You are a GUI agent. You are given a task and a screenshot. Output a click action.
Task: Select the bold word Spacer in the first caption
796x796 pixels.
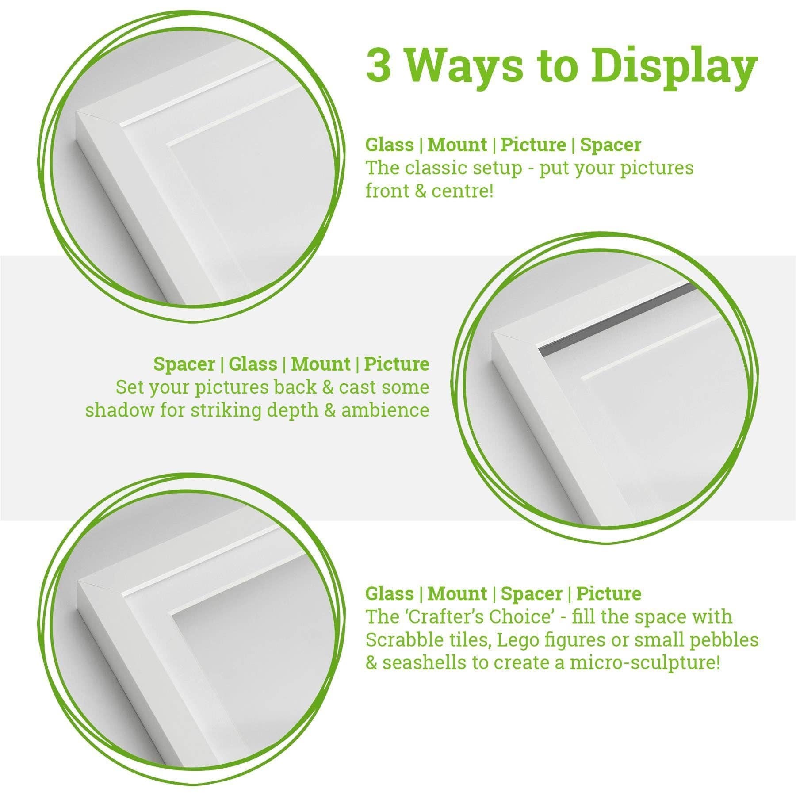click(x=610, y=145)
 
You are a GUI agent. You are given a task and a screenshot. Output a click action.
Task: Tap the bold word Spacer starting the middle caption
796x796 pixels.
click(x=184, y=364)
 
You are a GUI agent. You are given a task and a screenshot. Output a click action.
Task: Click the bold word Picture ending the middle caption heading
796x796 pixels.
click(x=396, y=364)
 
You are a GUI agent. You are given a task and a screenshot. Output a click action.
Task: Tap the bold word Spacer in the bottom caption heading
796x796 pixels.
click(x=531, y=593)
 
